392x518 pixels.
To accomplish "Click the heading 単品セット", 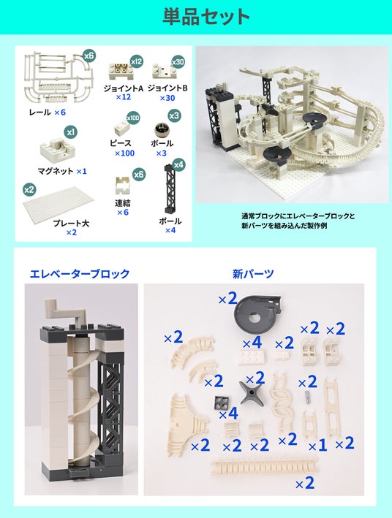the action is [x=206, y=17].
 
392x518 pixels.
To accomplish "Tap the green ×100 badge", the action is [x=133, y=118].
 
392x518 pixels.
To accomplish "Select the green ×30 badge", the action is [x=178, y=61].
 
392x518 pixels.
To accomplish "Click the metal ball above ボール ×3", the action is [x=161, y=129].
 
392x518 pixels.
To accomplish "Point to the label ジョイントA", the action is [x=123, y=88].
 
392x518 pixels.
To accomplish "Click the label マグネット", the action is [x=56, y=171].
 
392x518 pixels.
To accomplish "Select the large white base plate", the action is [x=59, y=205].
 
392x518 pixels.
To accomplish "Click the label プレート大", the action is [x=71, y=224].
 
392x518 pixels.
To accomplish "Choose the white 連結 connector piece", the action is [x=122, y=186].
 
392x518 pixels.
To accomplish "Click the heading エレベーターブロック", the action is [x=80, y=273].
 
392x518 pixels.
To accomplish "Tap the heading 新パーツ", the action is [x=253, y=273].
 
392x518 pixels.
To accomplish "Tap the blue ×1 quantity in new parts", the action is [x=317, y=446].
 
